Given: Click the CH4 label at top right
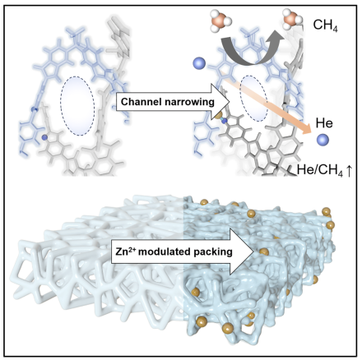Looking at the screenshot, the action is coord(326,25).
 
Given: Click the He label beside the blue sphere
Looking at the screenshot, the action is coord(324,123).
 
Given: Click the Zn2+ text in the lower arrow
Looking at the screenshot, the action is coord(125,251).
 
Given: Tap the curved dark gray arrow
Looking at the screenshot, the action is coord(249,49).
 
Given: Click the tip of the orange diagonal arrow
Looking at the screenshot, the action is coord(311,132).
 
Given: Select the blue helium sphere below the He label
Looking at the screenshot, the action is coord(323,140).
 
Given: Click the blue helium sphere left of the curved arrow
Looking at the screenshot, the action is coord(199,63).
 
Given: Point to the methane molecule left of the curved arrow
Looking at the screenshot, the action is coord(220,20).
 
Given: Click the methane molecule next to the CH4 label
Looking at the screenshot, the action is coord(293,19).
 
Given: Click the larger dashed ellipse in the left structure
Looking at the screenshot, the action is coord(77,106).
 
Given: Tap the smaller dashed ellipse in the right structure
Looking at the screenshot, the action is coord(253,98).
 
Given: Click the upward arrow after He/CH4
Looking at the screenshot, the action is coord(349,171).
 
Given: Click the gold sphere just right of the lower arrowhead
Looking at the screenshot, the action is coord(264,252).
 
